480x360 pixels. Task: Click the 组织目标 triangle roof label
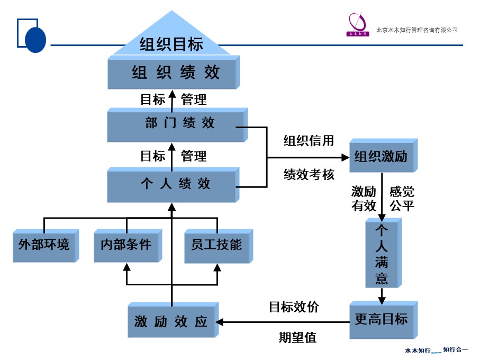click(x=171, y=44)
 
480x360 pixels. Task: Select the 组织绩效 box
click(x=172, y=73)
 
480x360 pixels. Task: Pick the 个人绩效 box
click(x=172, y=184)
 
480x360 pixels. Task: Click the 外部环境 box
click(x=44, y=245)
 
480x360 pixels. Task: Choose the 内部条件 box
click(x=126, y=245)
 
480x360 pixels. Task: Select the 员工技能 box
click(x=216, y=245)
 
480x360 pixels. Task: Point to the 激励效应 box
click(x=171, y=321)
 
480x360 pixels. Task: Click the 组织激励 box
click(x=381, y=157)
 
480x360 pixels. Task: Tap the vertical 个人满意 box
click(x=382, y=254)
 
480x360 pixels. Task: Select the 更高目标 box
click(x=381, y=320)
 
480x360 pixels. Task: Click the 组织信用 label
click(x=309, y=141)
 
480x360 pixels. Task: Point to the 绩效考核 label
click(x=309, y=175)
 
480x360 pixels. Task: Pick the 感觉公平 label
click(x=402, y=199)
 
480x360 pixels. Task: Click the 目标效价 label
click(x=294, y=307)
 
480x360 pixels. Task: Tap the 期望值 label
click(x=297, y=337)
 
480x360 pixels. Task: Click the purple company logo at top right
click(x=357, y=24)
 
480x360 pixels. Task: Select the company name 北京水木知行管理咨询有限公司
click(x=416, y=30)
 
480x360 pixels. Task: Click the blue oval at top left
click(x=35, y=39)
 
